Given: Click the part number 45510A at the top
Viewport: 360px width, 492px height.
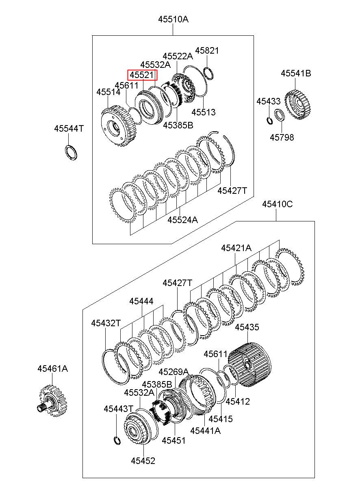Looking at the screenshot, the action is [x=173, y=20].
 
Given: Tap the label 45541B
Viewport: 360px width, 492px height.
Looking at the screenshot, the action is [x=296, y=73].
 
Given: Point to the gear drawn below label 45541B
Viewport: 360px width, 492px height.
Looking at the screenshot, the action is [x=298, y=104].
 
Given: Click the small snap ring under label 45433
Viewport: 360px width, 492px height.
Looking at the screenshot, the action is [x=270, y=121].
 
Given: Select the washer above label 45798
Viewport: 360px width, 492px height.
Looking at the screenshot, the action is [x=280, y=115].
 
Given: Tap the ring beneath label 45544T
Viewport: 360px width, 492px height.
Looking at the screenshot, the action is [x=71, y=152].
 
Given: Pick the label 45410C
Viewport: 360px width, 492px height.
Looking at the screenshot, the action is [x=277, y=204].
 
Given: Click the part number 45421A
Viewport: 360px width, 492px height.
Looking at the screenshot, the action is [x=236, y=248].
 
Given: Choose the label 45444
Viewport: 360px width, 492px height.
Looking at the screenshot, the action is [x=141, y=301].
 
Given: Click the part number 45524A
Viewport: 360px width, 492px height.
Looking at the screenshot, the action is [x=182, y=220].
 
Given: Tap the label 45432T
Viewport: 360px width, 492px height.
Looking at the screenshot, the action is [x=106, y=323].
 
